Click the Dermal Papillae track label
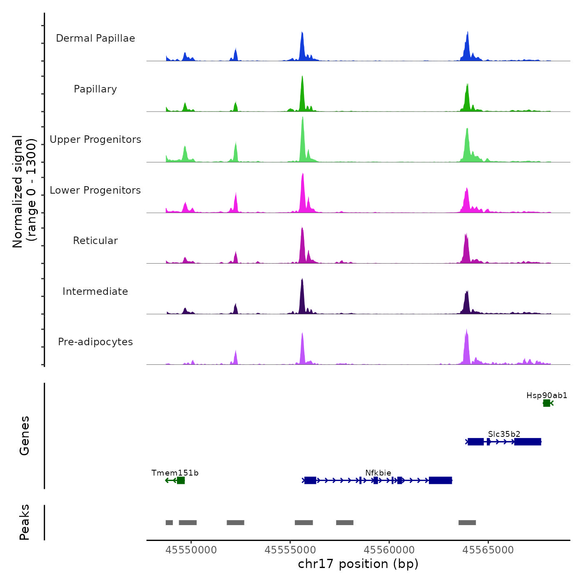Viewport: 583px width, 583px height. pos(95,38)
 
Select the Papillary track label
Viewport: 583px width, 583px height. pos(95,89)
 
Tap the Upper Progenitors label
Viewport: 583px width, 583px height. pos(95,140)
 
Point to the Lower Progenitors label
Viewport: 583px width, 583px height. pos(95,190)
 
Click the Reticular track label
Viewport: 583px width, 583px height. pos(95,241)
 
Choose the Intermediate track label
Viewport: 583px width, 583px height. pos(95,291)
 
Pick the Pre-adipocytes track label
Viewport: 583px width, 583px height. pos(95,342)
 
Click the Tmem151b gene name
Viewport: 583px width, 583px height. pos(175,473)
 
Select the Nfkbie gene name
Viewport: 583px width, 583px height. pos(378,473)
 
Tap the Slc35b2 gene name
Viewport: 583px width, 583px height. pos(504,434)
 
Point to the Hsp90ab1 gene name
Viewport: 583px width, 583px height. pos(547,396)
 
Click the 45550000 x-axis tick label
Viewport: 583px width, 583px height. pos(191,550)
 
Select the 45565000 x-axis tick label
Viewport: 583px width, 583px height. pos(488,550)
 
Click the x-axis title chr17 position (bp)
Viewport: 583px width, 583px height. pos(358,564)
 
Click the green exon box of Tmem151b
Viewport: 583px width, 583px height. pos(181,481)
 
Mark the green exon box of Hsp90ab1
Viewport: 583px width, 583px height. pos(546,403)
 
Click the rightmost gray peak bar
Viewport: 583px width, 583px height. pos(467,523)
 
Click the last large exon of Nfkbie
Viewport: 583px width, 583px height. pos(440,481)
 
